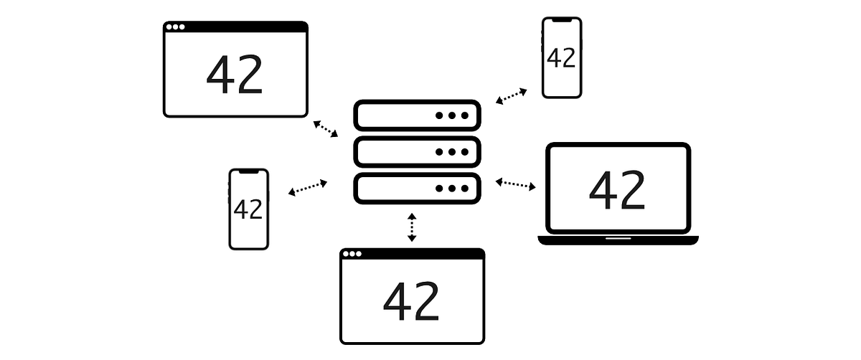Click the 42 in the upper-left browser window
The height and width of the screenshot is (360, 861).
(x=235, y=75)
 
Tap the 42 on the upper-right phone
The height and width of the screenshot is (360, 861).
(x=561, y=58)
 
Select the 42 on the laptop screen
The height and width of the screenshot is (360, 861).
(x=617, y=190)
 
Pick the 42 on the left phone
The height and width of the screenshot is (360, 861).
(x=248, y=209)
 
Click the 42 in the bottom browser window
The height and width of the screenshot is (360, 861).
(x=411, y=302)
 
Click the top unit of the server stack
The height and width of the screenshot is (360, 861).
(x=417, y=115)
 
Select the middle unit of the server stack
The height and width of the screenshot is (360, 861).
(x=417, y=152)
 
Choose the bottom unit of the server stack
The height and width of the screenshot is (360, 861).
(x=417, y=189)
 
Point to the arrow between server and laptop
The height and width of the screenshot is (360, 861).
(x=515, y=184)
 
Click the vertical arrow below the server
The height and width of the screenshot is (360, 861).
(x=412, y=227)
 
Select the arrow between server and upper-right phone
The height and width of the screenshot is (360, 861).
(x=511, y=96)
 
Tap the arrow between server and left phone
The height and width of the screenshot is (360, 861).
(x=308, y=188)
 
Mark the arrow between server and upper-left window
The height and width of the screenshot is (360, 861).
(x=325, y=128)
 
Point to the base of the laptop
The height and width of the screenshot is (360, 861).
(x=618, y=240)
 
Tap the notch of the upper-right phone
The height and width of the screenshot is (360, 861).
(x=561, y=20)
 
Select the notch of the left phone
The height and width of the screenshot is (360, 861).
(x=248, y=171)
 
